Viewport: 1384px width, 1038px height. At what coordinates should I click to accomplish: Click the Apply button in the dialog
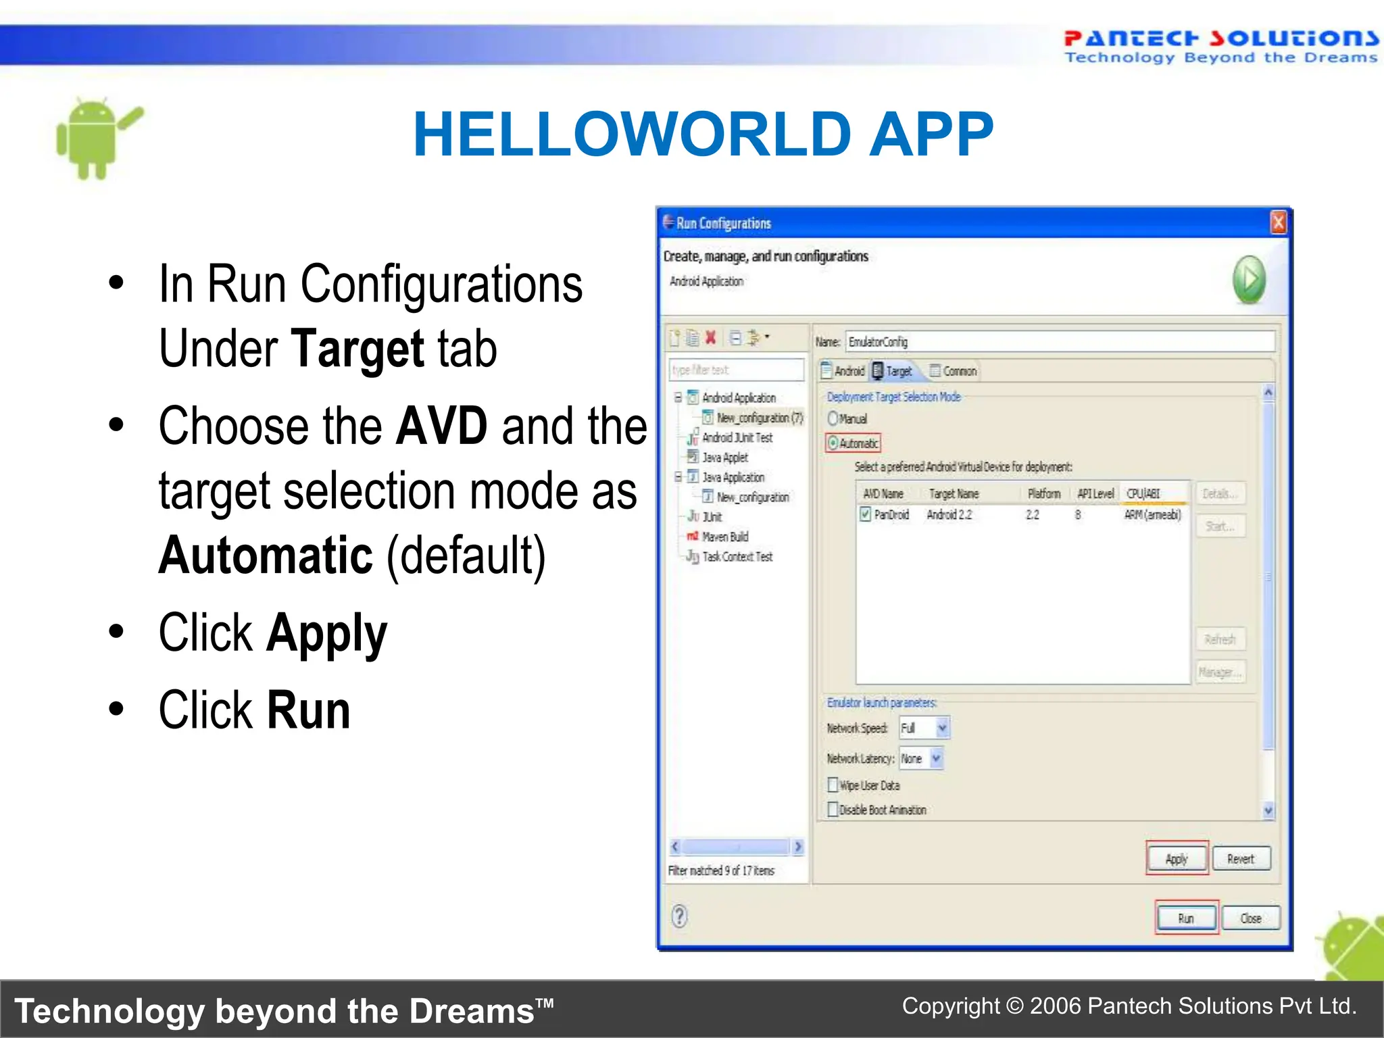point(1177,858)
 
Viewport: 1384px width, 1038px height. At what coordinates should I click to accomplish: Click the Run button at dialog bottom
point(1186,918)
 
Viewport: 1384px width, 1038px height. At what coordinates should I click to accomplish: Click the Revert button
point(1241,858)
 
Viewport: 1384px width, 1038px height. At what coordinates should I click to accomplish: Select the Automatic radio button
point(834,443)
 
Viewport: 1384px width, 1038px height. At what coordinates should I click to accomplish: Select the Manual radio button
point(833,418)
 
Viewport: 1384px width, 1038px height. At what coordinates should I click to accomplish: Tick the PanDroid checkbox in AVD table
point(865,514)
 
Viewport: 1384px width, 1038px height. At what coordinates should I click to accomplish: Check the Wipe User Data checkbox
point(833,785)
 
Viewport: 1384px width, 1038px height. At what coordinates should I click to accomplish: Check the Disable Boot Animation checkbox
point(833,809)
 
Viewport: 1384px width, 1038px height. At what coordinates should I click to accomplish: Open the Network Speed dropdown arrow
point(943,728)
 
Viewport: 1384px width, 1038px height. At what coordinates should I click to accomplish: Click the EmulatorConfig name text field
point(1060,342)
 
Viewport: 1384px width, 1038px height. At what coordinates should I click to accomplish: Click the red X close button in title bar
point(1278,222)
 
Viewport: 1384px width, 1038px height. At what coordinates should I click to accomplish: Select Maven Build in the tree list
point(724,537)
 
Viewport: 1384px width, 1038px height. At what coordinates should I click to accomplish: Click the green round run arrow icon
point(1249,279)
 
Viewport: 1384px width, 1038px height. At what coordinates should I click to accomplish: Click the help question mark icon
point(680,916)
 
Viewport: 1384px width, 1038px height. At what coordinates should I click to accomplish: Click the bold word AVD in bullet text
point(441,426)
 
